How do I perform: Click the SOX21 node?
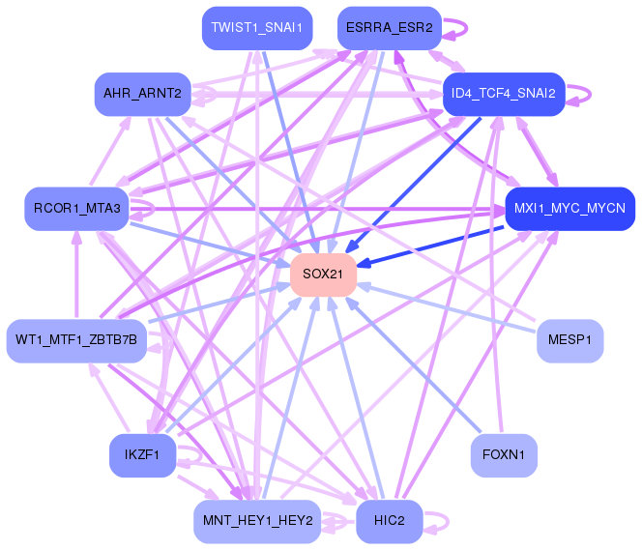[323, 275]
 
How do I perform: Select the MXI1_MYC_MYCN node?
[569, 208]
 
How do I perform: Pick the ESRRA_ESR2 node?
[390, 28]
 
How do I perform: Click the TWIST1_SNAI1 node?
[256, 28]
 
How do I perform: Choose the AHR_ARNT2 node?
[142, 94]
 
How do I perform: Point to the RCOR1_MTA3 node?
[76, 208]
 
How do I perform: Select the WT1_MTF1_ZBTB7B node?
[76, 340]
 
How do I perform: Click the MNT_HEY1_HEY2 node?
[256, 521]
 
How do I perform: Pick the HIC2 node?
[390, 521]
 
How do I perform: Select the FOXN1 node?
[503, 454]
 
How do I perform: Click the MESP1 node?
[569, 340]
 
